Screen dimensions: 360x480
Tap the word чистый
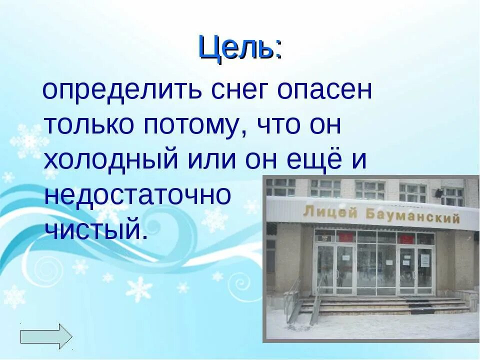coord(95,230)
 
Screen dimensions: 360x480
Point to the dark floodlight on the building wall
coord(438,192)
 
